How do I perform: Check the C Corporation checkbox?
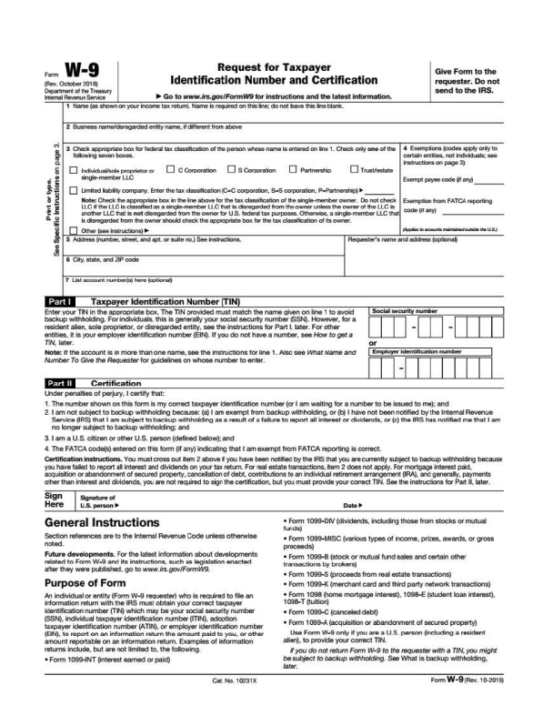[x=171, y=168]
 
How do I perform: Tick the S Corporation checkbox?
[x=231, y=168]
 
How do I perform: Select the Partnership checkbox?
[x=293, y=168]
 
